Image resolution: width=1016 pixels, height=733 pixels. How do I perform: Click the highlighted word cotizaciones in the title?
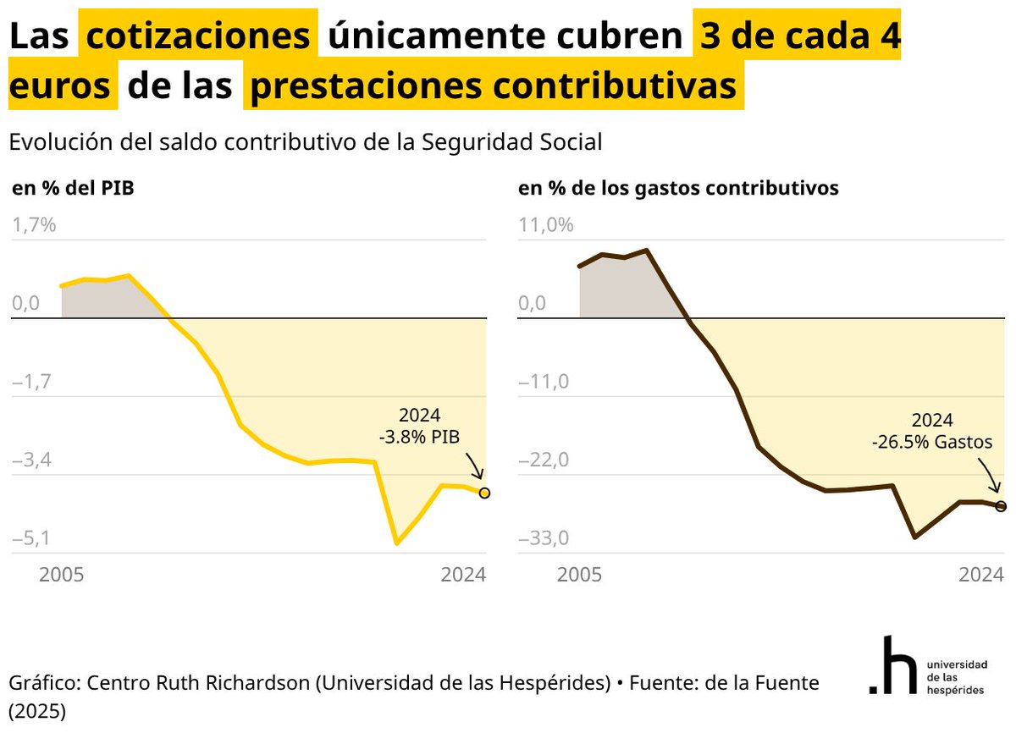click(x=199, y=36)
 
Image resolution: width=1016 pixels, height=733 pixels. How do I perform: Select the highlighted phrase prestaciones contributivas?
click(x=493, y=87)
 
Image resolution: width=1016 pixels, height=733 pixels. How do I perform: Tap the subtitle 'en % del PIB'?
click(x=73, y=188)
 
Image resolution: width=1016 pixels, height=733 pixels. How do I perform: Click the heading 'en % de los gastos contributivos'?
click(x=678, y=188)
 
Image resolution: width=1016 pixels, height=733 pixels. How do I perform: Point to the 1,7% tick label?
click(x=34, y=225)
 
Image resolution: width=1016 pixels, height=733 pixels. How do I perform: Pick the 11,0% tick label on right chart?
click(x=546, y=225)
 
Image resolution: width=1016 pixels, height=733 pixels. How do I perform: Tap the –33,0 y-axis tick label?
click(x=544, y=539)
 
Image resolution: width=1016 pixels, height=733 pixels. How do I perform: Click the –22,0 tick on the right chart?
click(x=544, y=460)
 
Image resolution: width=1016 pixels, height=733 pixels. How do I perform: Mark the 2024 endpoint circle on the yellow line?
click(x=484, y=493)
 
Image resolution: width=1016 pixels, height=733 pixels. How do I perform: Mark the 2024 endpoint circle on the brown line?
click(x=1001, y=506)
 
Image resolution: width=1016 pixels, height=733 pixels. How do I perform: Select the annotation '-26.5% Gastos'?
click(x=932, y=441)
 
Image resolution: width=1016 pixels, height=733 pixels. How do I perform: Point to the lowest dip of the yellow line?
click(x=396, y=543)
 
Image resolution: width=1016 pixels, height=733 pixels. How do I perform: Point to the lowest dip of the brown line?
click(x=914, y=537)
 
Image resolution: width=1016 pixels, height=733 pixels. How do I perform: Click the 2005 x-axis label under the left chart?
click(x=62, y=575)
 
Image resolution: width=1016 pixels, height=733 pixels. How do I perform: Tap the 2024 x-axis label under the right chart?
click(x=981, y=575)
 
